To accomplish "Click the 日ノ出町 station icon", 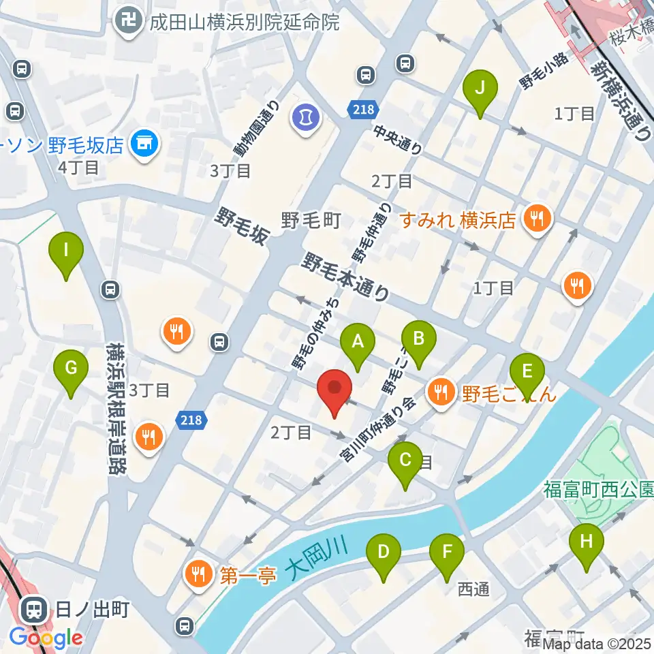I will [x=32, y=608].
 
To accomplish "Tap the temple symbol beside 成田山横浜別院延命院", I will [x=127, y=22].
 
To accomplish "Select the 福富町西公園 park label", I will [x=598, y=488].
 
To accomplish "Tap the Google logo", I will [x=46, y=638].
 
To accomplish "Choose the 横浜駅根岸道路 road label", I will [x=117, y=408].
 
